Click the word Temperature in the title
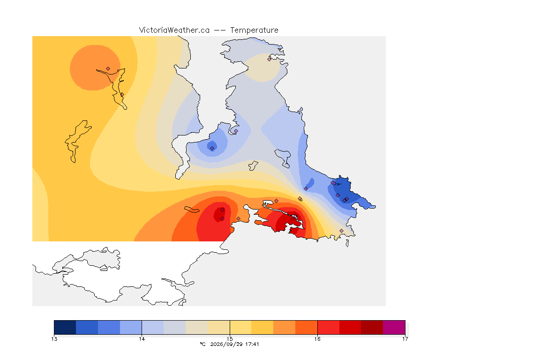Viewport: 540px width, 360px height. [x=254, y=30]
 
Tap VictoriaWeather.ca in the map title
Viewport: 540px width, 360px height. [x=174, y=30]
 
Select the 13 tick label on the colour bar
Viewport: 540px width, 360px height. [x=54, y=339]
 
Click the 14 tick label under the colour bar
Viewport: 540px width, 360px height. [x=142, y=339]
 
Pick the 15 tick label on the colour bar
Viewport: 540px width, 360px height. [x=230, y=339]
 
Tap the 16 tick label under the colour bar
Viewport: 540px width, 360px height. [x=317, y=339]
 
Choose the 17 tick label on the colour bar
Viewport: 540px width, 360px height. [x=405, y=339]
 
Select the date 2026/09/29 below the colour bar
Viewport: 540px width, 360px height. [x=226, y=344]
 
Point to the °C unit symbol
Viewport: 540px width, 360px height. [x=202, y=344]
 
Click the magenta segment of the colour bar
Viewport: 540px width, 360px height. [x=394, y=327]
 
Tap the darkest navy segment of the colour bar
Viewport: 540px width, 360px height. [x=65, y=327]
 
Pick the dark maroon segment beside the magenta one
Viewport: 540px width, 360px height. [x=372, y=327]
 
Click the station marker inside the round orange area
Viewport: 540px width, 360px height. [x=108, y=69]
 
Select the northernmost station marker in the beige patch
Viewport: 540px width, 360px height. [x=270, y=59]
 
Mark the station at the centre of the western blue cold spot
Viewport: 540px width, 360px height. [x=212, y=149]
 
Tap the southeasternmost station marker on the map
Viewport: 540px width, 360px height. [x=341, y=231]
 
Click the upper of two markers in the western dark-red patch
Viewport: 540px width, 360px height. [x=223, y=210]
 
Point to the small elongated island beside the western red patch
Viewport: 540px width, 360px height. [x=192, y=210]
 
